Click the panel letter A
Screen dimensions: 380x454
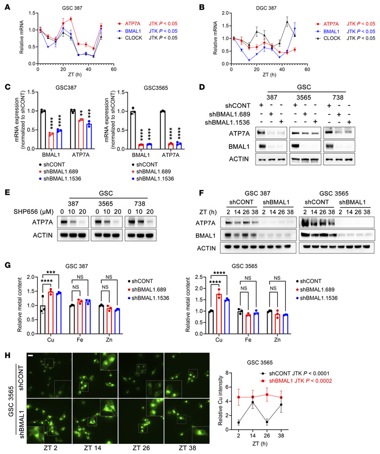8,7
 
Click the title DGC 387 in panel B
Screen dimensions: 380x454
266,8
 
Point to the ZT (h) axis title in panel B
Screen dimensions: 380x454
269,75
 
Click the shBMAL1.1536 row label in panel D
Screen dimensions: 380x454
227,123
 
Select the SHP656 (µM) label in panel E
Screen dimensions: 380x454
34,212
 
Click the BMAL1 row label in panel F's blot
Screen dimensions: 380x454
206,236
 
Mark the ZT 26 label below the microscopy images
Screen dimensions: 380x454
141,448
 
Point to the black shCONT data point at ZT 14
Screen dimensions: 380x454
253,402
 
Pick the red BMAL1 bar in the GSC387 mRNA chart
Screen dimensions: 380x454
51,141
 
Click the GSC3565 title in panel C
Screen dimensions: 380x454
156,88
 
